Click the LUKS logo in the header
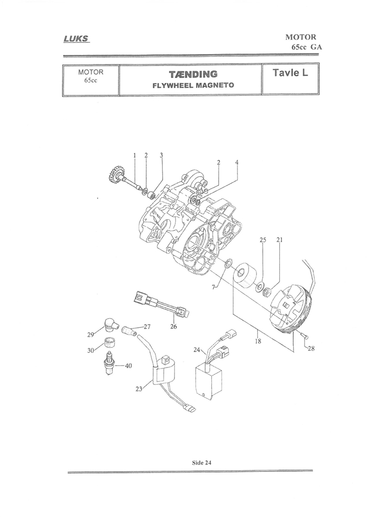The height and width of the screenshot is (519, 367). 76,38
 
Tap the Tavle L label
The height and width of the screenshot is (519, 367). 290,72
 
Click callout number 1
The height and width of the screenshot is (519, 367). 134,155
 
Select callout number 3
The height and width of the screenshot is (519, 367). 161,155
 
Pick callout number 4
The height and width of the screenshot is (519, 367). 236,163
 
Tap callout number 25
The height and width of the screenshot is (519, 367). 263,240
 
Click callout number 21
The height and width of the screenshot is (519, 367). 279,240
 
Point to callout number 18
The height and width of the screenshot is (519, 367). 257,341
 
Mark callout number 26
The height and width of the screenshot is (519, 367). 174,327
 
